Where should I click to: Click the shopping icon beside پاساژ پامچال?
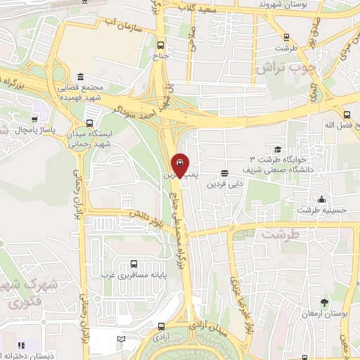[34, 119]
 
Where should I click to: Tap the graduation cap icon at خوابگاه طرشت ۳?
[278, 149]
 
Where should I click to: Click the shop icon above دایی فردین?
[224, 173]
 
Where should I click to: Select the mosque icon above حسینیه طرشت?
[321, 199]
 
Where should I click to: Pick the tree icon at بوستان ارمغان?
[324, 302]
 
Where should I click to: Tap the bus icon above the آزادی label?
[162, 326]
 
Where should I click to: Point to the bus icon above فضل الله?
[346, 115]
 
